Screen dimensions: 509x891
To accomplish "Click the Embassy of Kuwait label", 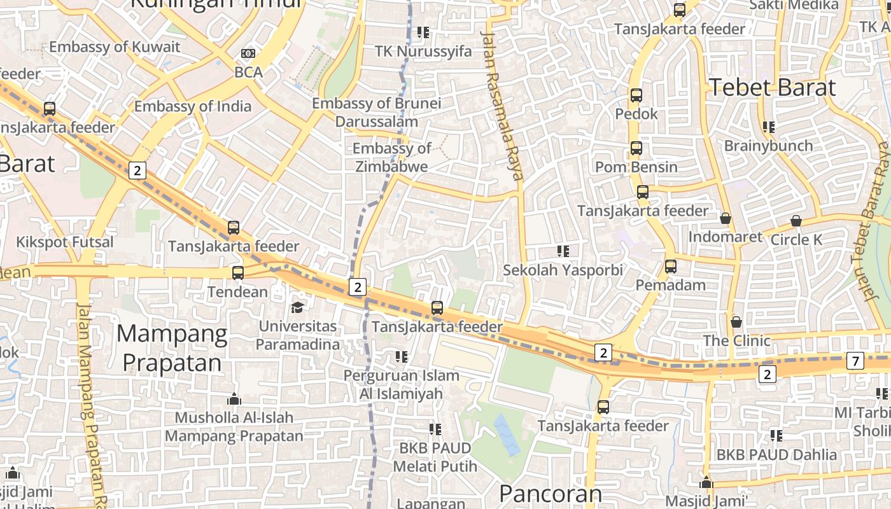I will point(115,47).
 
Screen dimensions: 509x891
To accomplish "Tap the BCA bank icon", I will point(248,53).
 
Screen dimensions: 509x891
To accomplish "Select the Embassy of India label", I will point(193,106).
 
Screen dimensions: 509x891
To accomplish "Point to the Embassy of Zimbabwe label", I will point(391,157).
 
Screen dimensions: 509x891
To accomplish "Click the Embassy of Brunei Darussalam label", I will point(377,112).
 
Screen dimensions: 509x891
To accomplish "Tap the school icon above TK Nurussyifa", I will point(423,32).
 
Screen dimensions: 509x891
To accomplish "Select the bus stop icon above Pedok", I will point(636,95).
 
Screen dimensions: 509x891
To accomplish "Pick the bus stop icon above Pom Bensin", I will point(636,148).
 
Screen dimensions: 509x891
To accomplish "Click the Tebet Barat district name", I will point(772,87).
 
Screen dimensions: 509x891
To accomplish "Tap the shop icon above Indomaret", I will point(725,219).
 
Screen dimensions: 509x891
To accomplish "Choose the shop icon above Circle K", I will point(796,221).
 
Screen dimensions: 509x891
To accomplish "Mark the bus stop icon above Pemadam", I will point(671,267).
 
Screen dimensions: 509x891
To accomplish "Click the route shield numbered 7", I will point(855,361).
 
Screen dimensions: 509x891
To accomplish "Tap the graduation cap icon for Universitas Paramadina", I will point(297,308).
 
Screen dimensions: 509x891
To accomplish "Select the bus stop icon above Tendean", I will point(237,273).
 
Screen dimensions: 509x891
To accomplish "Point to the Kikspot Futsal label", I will point(64,242).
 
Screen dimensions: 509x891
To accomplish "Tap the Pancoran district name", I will point(550,494).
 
